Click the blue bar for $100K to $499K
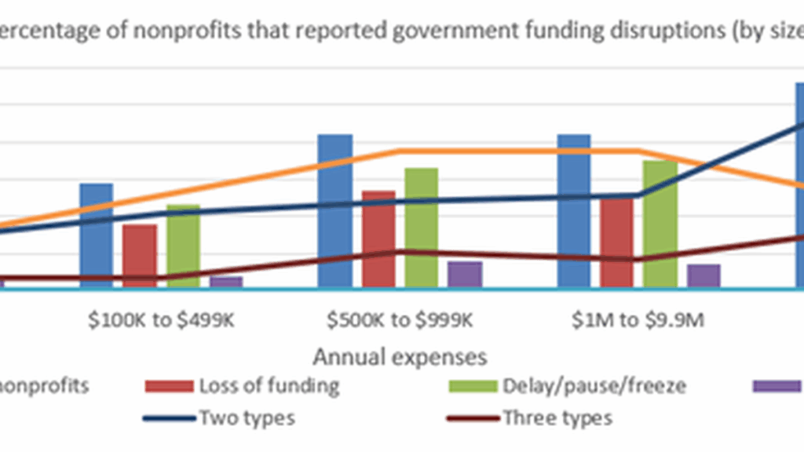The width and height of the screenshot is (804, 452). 96,235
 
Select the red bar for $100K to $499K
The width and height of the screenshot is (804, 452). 140,256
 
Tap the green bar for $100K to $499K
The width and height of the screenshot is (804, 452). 183,246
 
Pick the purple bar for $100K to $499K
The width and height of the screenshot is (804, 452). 226,282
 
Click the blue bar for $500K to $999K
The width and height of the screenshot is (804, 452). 334,210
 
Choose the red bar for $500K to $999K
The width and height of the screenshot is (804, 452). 378,239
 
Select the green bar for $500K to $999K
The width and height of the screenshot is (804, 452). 422,228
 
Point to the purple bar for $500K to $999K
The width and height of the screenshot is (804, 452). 465,275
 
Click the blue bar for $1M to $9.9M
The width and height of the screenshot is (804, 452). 574,210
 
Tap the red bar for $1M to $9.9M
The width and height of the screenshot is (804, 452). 617,242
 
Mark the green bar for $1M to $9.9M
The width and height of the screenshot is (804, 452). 660,224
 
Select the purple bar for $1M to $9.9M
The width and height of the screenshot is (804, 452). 703,275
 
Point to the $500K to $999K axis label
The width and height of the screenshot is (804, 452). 400,323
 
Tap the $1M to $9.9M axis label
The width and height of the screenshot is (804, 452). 638,323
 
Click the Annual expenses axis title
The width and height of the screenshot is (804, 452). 400,357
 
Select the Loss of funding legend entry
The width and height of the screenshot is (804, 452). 243,386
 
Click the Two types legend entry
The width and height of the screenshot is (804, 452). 220,417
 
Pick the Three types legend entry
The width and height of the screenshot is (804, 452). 530,417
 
